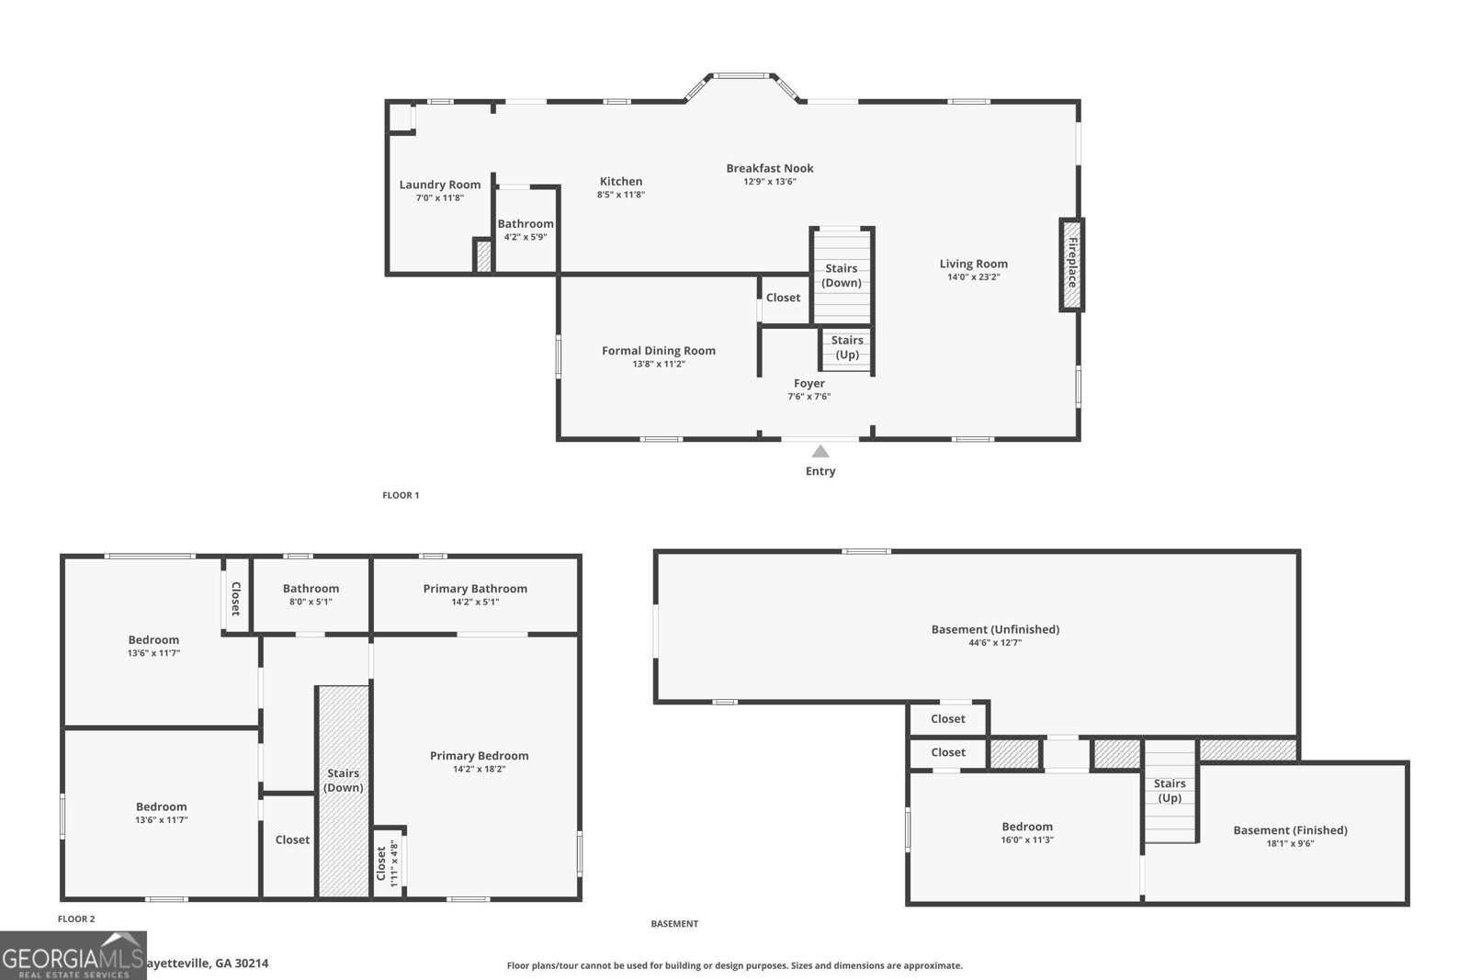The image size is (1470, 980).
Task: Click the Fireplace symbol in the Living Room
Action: click(1071, 265)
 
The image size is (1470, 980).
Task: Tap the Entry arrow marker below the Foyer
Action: click(820, 451)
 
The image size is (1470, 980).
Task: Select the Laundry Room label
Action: click(439, 185)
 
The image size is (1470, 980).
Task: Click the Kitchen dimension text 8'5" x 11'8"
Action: click(621, 195)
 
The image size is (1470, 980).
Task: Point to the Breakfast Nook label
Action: click(770, 168)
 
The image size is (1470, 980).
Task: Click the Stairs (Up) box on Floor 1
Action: click(846, 348)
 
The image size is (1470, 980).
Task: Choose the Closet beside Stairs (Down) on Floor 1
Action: click(783, 298)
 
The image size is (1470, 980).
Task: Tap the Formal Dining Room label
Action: click(658, 351)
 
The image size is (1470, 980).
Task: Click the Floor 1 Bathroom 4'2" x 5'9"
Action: click(526, 230)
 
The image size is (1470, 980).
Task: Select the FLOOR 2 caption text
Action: click(76, 918)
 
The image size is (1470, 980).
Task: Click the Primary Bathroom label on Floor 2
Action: click(475, 589)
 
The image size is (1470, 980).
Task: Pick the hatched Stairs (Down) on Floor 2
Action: click(344, 790)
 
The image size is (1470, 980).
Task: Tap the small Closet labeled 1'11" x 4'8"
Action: click(388, 863)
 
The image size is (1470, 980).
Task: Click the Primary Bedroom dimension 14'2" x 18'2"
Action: click(480, 770)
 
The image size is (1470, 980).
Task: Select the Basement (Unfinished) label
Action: click(995, 629)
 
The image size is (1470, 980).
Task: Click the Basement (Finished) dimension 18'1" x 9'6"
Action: click(1290, 843)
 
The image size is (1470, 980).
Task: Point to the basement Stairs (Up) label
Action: click(1170, 790)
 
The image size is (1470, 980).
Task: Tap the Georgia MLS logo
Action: click(73, 955)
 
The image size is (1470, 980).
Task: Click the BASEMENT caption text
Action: click(674, 924)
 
